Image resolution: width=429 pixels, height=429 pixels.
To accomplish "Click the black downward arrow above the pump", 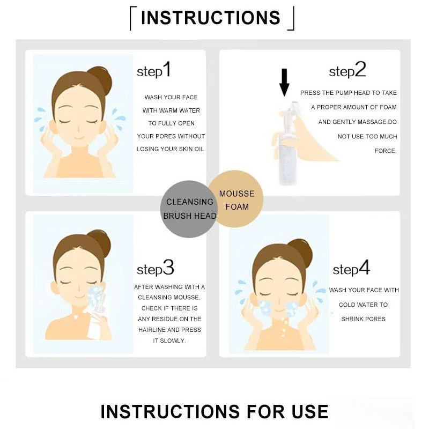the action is click(284, 83).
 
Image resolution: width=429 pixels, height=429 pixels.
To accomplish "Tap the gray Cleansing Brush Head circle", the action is click(189, 209).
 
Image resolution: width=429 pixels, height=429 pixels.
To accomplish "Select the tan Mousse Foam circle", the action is click(235, 199).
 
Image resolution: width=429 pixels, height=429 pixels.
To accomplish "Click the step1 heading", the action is click(154, 70).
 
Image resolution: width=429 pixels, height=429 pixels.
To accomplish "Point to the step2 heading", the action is click(347, 70).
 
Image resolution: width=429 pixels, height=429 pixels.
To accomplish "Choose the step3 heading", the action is click(156, 268).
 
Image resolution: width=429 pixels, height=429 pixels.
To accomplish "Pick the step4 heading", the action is click(351, 268).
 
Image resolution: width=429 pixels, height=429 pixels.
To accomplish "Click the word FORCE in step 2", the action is click(386, 151).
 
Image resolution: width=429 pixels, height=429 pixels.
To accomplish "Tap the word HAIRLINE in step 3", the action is click(152, 330).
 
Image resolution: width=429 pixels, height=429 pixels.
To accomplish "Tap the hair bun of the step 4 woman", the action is click(301, 251).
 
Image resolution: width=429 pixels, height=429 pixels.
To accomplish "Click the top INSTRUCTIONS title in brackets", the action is click(211, 18).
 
